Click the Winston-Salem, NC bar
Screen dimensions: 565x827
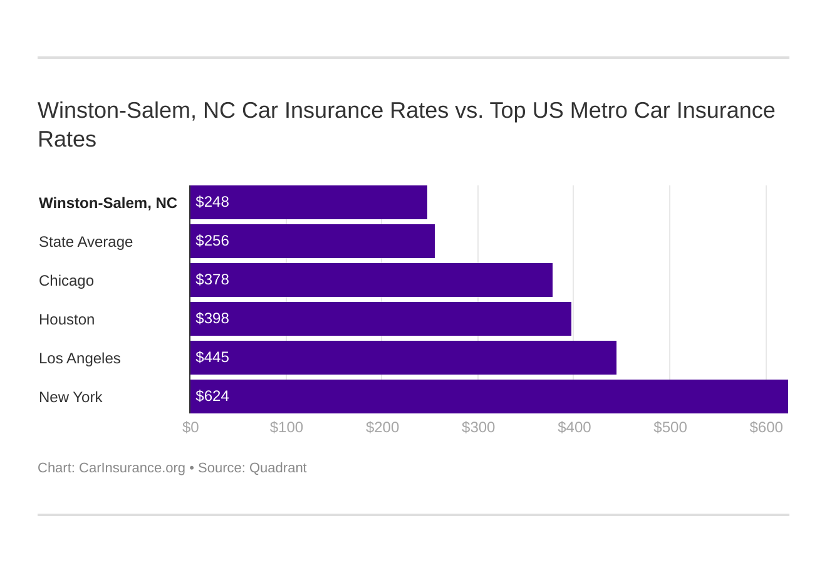[x=308, y=202]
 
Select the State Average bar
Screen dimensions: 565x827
[x=312, y=241]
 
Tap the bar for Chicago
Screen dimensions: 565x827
[x=371, y=280]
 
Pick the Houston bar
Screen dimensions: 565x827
[x=380, y=319]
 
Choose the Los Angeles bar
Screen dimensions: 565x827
[x=403, y=358]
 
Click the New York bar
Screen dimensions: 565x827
[x=489, y=397]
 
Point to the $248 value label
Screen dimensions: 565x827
[x=212, y=202]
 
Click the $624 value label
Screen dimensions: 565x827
[x=212, y=396]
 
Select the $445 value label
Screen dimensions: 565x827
[x=212, y=357]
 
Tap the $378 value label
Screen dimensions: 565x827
[x=212, y=279]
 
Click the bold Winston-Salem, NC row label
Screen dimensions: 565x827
[x=108, y=203]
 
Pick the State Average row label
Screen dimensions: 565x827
[x=86, y=242]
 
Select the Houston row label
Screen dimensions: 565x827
[x=66, y=319]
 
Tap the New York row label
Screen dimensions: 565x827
[x=70, y=397]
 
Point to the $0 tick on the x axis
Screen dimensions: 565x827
[x=190, y=427]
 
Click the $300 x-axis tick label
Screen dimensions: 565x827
[x=478, y=427]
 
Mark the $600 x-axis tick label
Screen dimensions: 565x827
[x=766, y=427]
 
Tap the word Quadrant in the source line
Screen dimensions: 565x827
[x=278, y=468]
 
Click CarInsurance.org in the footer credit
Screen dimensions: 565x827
[x=132, y=468]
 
